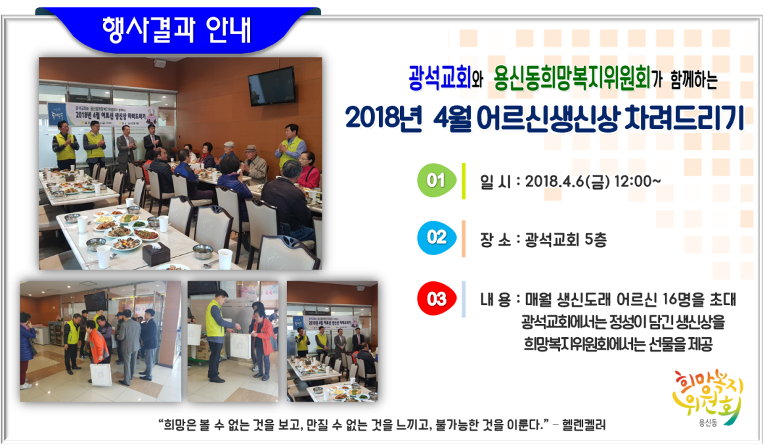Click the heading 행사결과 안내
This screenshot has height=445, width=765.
pos(177,30)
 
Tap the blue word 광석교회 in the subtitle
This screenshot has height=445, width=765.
pos(439,78)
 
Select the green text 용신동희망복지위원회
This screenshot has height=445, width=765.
pos(572,78)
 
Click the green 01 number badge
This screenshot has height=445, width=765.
pos(437,181)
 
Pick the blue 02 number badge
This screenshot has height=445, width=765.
pos(437,238)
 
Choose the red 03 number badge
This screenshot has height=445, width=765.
pos(437,298)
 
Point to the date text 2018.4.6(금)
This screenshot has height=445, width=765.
pos(567,181)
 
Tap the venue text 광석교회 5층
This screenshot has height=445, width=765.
pos(566,239)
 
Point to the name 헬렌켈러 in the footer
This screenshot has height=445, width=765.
pos(584,425)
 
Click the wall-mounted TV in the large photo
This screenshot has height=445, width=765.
pos(273,87)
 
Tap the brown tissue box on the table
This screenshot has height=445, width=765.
pos(156,253)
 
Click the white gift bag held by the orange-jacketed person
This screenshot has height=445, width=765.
pos(100,374)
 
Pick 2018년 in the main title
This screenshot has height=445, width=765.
pos(383,118)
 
